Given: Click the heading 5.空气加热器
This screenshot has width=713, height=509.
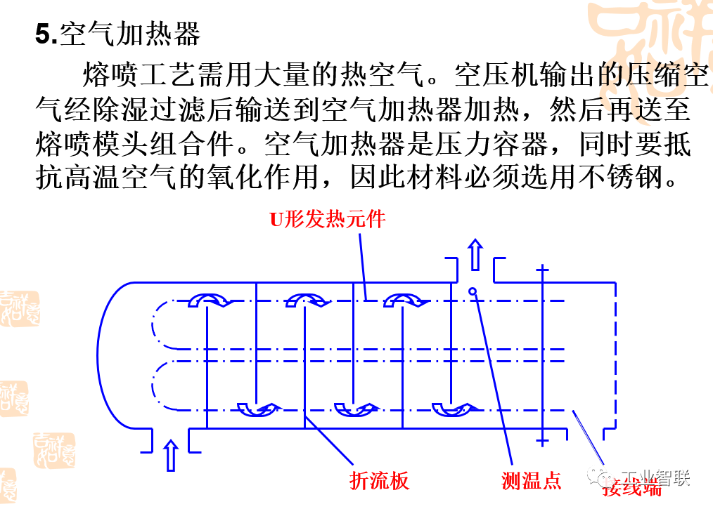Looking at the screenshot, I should [118, 34].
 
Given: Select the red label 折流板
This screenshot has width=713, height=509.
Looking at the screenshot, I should [379, 480].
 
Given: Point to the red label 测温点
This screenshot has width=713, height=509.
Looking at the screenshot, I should [532, 480].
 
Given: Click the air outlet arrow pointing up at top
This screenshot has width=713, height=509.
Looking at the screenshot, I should [475, 254].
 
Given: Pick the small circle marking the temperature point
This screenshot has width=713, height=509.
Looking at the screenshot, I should [473, 291].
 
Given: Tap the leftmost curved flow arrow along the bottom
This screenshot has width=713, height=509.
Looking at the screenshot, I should [258, 409].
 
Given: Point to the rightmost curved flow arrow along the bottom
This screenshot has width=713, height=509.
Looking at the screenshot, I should [453, 409].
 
